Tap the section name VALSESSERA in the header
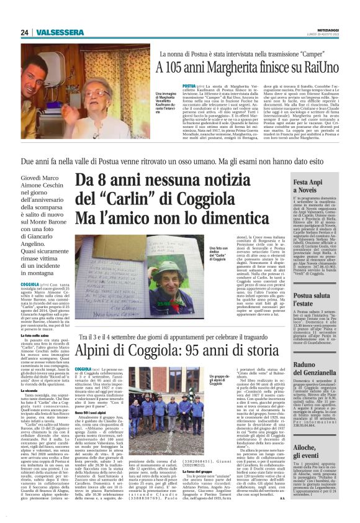[57, 32]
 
